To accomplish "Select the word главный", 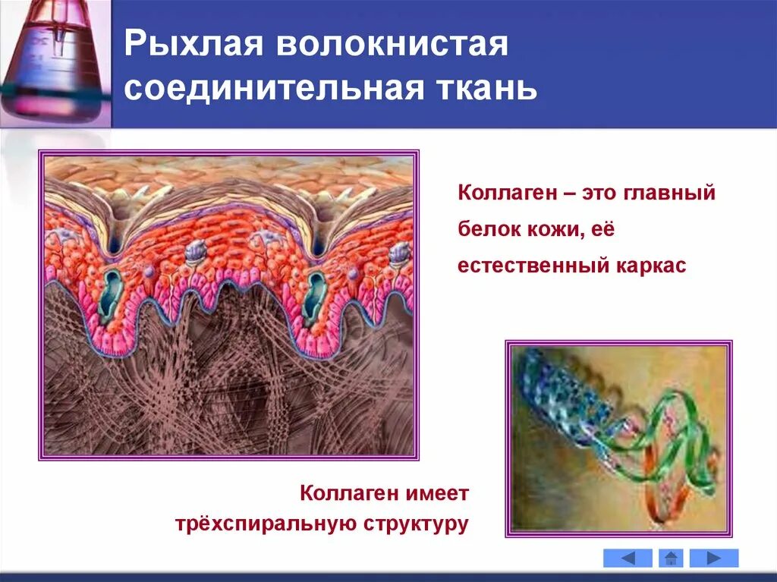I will pos(668,193).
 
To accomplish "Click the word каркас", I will pos(651,266).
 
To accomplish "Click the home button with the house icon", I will pos(671,558).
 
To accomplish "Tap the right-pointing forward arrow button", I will pos(713,558).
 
